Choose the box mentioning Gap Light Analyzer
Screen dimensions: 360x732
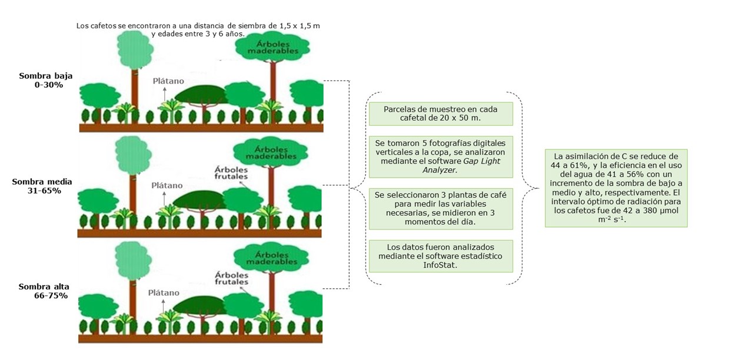click(441, 157)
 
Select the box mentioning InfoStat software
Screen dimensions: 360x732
click(441, 256)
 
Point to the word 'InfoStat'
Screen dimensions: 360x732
click(441, 265)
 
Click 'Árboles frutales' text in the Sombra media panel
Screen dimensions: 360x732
click(231, 172)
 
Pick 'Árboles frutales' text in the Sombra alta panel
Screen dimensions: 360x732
click(231, 278)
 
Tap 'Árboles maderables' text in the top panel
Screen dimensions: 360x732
click(272, 47)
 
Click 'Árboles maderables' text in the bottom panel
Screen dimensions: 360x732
click(271, 259)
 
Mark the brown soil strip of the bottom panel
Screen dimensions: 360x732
click(200, 339)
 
